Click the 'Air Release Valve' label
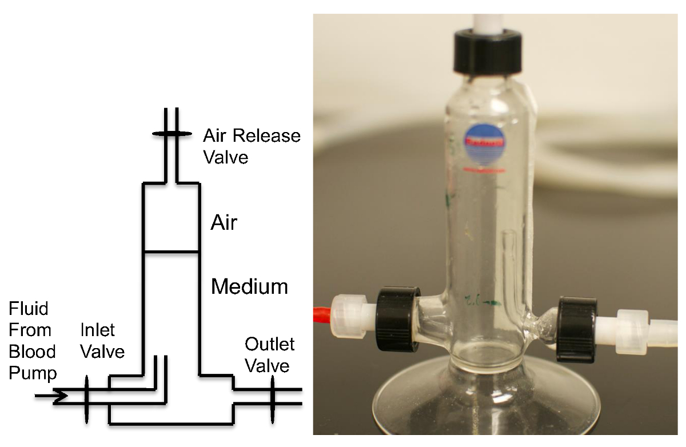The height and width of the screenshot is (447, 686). pos(252,146)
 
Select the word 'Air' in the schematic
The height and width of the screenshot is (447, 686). pos(224,222)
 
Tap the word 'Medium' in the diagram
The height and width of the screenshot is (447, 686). pos(249,286)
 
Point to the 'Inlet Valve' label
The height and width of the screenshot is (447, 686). pos(102,340)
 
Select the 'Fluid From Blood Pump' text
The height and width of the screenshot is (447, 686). pos(33,341)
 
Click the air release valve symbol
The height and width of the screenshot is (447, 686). pos(171,134)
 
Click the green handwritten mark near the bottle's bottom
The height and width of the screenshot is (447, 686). pos(477,300)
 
